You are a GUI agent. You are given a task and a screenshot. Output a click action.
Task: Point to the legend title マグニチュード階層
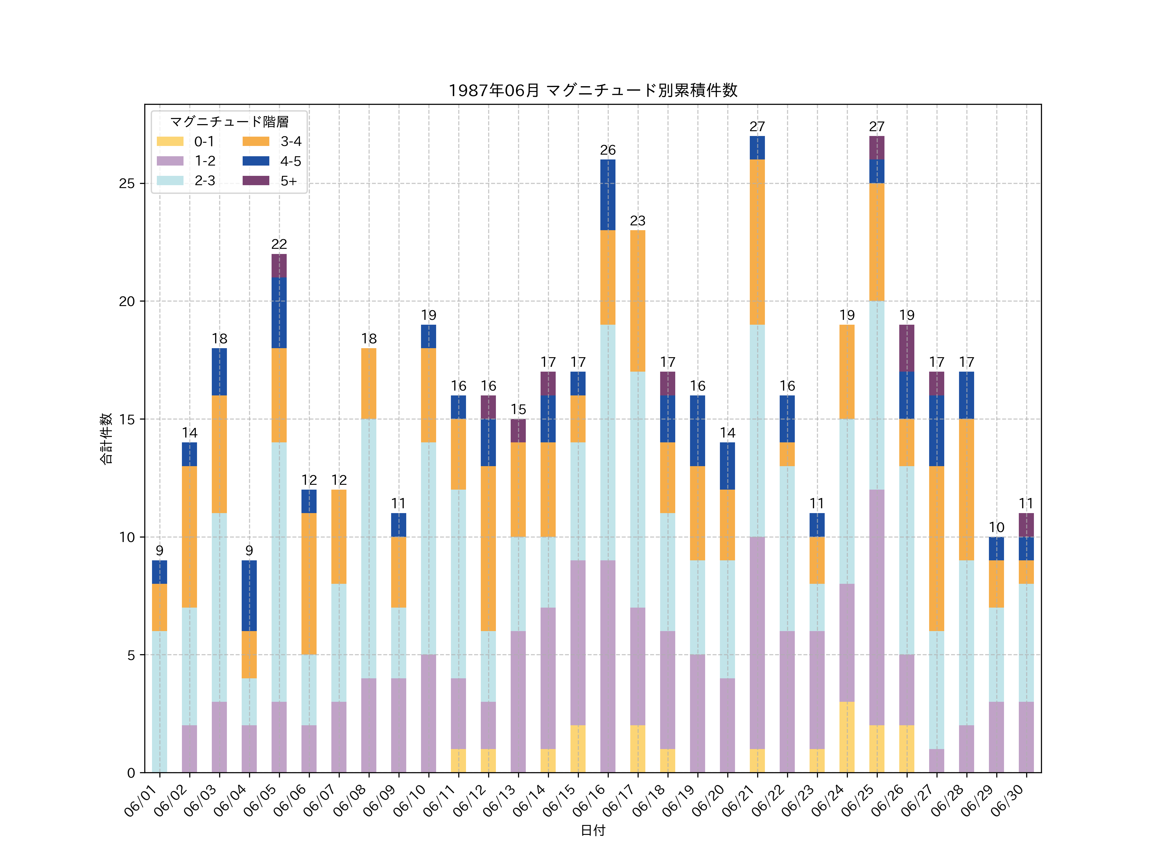click(229, 122)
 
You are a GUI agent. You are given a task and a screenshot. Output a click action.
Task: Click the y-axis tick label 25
click(127, 184)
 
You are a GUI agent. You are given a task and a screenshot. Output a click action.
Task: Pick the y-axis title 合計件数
click(106, 439)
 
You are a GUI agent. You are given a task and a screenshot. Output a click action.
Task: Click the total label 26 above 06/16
click(608, 150)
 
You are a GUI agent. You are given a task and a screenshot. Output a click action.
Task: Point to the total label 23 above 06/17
click(638, 221)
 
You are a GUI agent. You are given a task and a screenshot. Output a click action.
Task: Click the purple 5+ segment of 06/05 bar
click(279, 266)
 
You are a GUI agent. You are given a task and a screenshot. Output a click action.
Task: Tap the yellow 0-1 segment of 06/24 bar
click(847, 737)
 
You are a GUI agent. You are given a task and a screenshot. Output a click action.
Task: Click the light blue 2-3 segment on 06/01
click(159, 701)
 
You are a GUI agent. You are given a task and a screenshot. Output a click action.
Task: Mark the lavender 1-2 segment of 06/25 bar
click(877, 608)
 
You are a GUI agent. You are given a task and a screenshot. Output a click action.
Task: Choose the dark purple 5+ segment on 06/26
click(906, 348)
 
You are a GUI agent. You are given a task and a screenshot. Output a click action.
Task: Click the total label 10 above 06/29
click(996, 528)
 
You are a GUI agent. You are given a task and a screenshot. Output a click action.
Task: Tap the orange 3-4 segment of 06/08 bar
click(369, 384)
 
